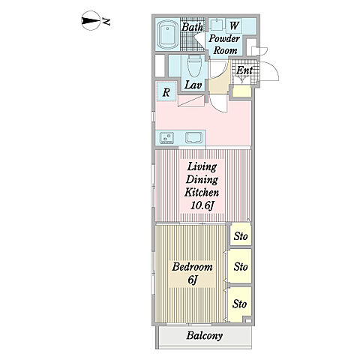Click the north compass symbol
pos(91,21)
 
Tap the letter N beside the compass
pos(106,22)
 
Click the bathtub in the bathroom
pos(167,35)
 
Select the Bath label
pos(192,27)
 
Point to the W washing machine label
pos(234,25)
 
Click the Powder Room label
pos(224,44)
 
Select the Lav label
pos(193,85)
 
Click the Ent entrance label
pos(244,70)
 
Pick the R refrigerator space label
pos(166,92)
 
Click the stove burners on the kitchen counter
pos(166,137)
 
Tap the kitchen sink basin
pos(193,137)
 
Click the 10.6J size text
pos(202,205)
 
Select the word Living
pos(202,166)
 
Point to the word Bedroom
pos(192,267)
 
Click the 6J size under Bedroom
pos(193,280)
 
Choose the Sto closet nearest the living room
pos(241,236)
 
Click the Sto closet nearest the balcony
pos(240,304)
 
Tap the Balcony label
pos(205,335)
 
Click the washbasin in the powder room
pos(216,25)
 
